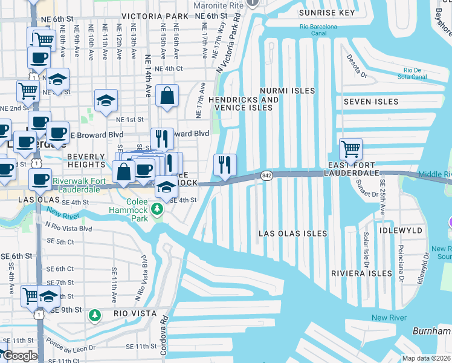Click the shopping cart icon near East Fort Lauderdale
click(350, 148)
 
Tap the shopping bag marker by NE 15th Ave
click(167, 96)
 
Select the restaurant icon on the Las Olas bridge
click(225, 164)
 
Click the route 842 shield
click(267, 175)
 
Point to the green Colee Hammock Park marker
click(157, 209)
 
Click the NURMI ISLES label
click(288, 91)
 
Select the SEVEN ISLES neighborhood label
click(371, 102)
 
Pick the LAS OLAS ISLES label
click(292, 234)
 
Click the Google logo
click(19, 356)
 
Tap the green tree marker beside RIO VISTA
click(94, 315)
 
